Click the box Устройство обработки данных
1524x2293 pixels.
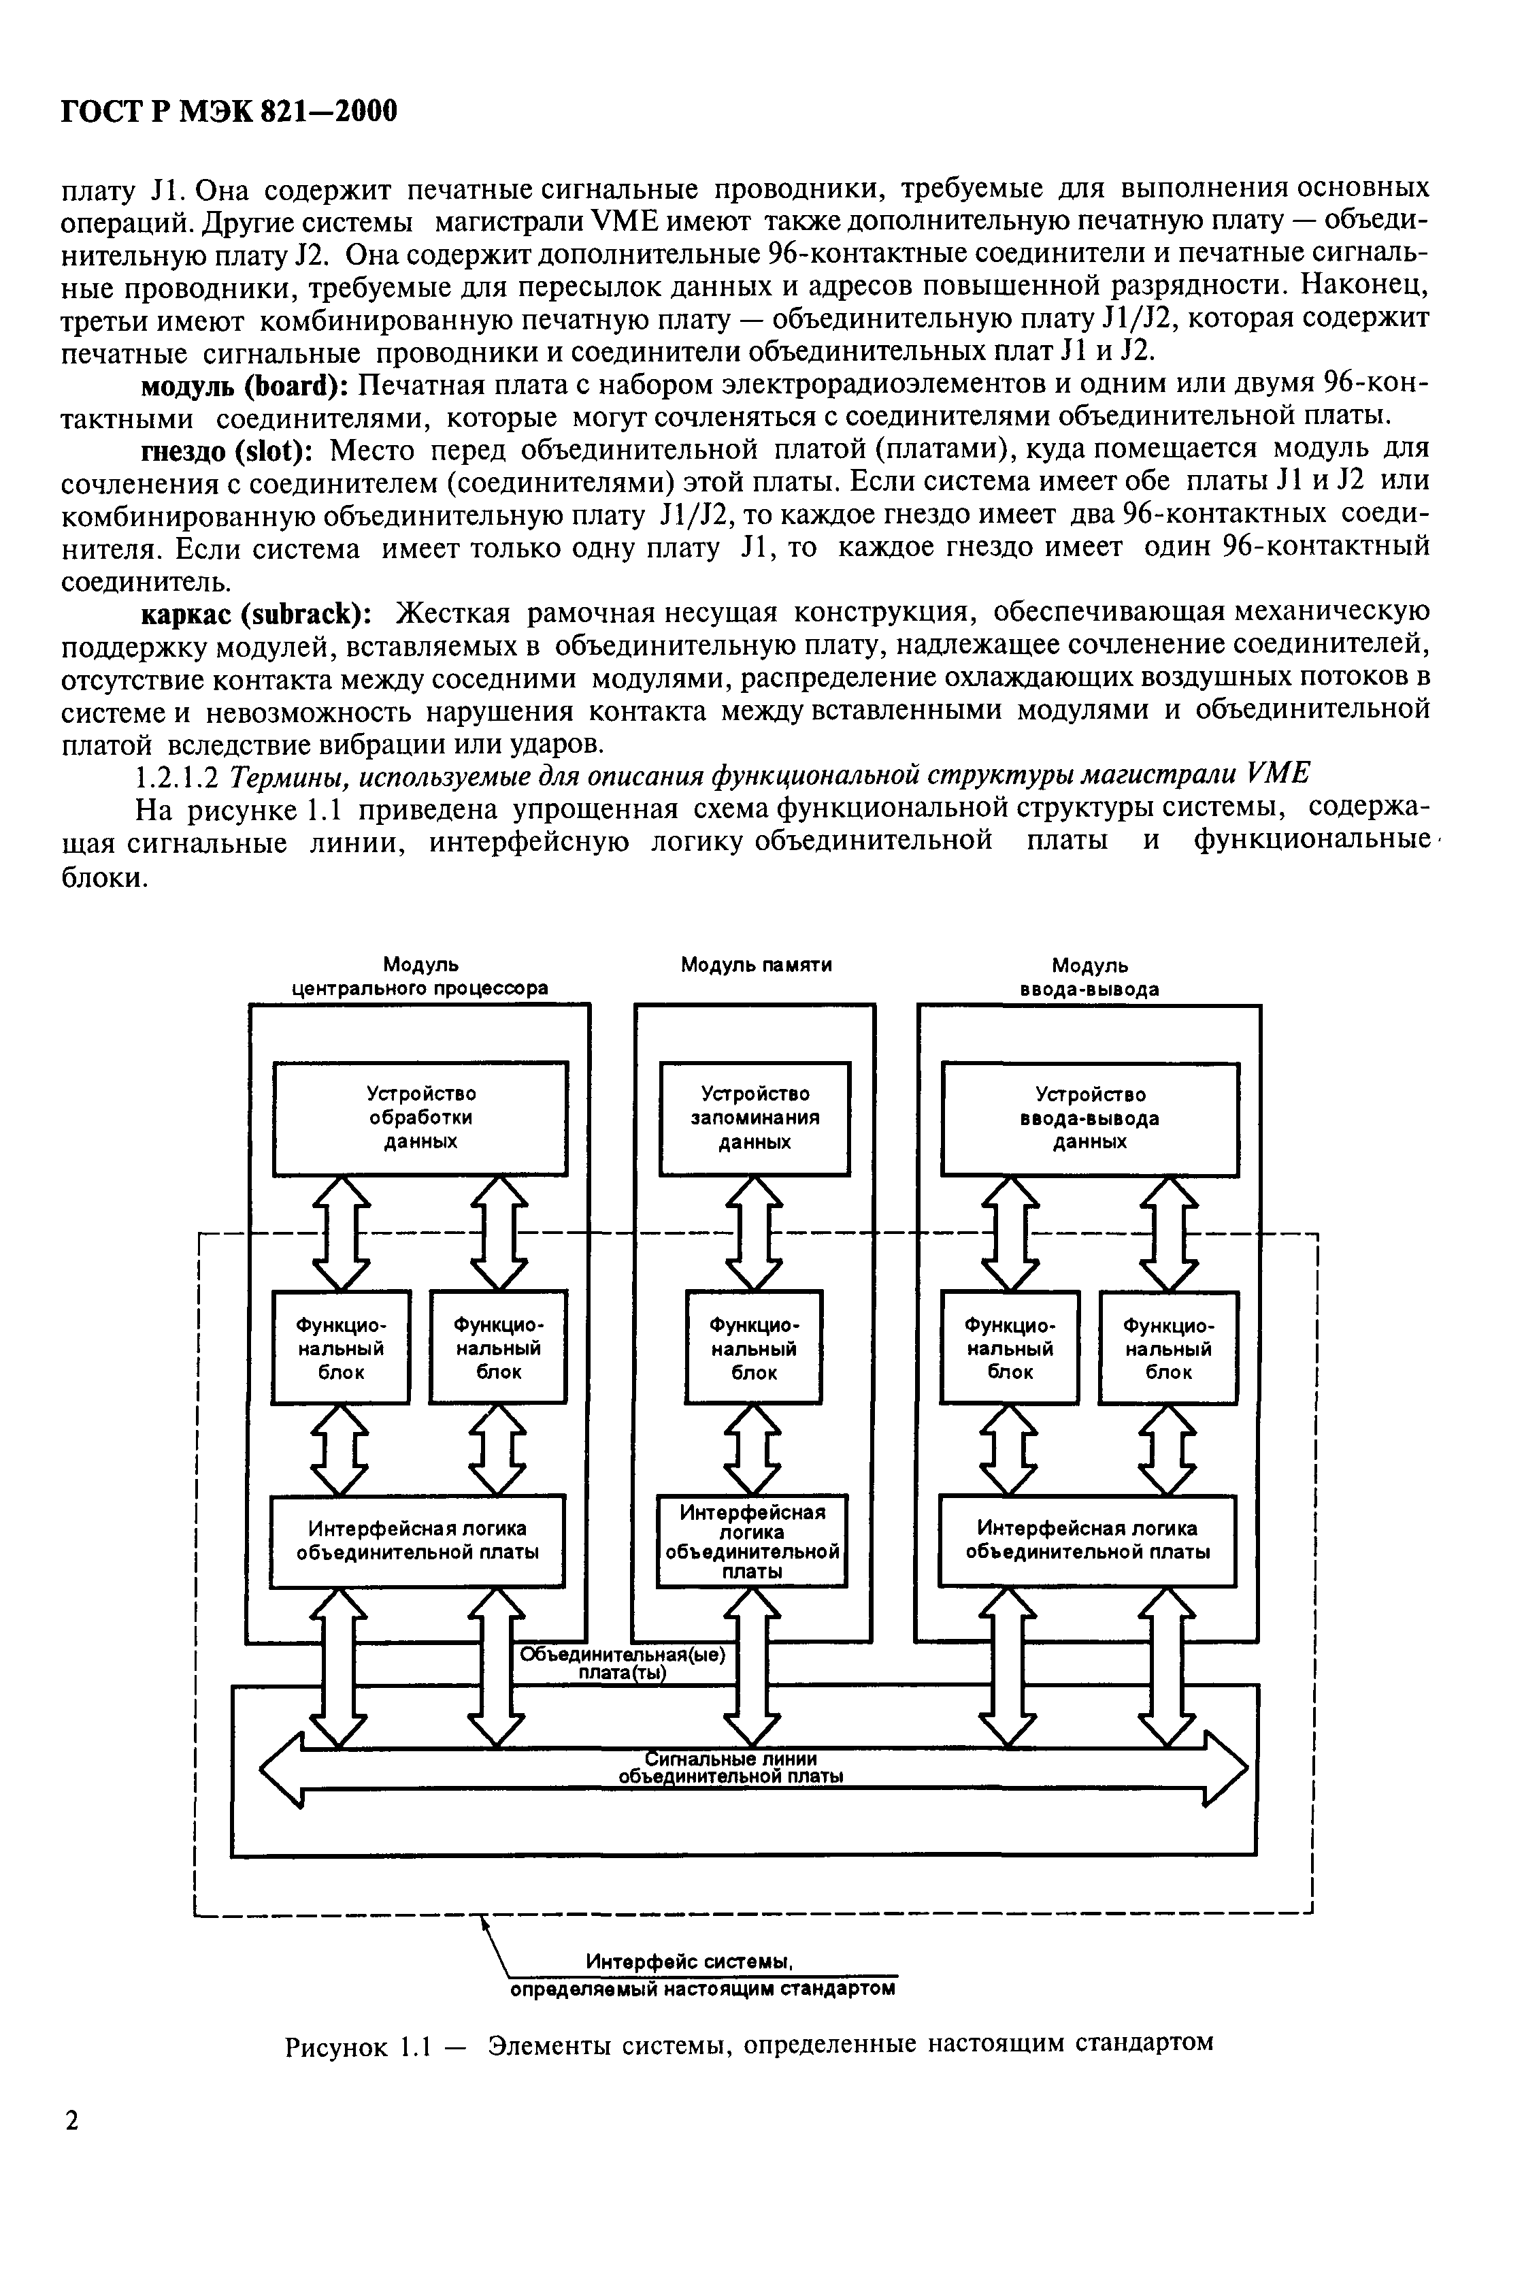pyautogui.click(x=420, y=1118)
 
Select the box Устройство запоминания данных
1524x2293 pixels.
pyautogui.click(x=755, y=1118)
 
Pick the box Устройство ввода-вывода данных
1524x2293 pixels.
pyautogui.click(x=1089, y=1118)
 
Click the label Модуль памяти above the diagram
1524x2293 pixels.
pyautogui.click(x=755, y=965)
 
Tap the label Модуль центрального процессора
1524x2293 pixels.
pyautogui.click(x=420, y=977)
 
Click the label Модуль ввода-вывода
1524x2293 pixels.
pyautogui.click(x=1089, y=977)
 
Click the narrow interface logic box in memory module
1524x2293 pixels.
pyautogui.click(x=752, y=1542)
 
